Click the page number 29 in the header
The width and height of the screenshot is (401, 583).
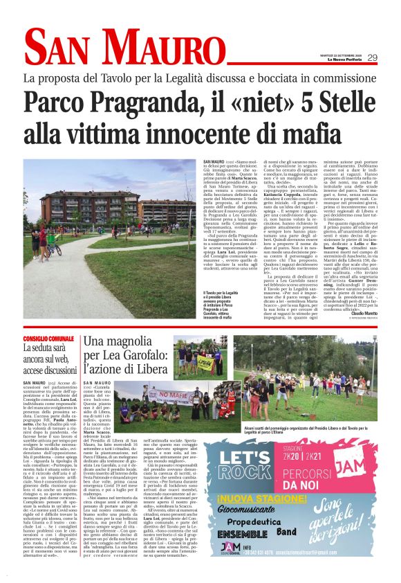click(372, 57)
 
